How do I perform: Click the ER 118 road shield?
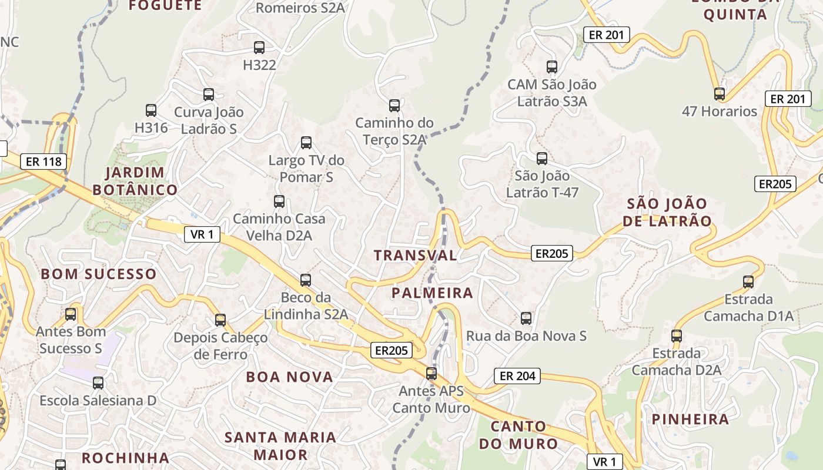44,162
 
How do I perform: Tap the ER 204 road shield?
517,376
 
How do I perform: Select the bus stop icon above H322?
259,48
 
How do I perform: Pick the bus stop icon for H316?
151,110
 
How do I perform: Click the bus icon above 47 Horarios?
719,93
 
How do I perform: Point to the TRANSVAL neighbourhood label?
415,255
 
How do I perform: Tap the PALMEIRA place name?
432,293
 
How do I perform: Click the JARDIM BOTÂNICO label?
135,181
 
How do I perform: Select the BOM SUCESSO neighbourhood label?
99,274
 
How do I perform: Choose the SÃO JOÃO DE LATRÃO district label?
667,212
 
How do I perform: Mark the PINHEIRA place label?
690,419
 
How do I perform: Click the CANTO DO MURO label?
518,435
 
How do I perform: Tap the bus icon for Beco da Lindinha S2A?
306,280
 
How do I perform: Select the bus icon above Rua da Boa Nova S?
526,318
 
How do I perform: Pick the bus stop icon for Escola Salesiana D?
98,383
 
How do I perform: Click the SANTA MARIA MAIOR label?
280,445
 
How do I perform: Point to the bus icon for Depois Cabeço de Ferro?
220,320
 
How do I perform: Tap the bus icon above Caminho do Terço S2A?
394,106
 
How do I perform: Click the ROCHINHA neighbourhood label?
125,458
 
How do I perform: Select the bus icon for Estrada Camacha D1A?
748,281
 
